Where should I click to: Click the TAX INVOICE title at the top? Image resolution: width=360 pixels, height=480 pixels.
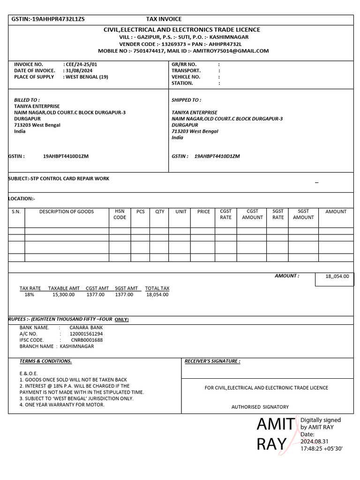click(x=164, y=19)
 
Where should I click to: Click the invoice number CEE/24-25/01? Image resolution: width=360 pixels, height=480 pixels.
click(x=82, y=64)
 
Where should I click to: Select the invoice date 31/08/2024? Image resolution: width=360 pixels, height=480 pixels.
click(x=80, y=71)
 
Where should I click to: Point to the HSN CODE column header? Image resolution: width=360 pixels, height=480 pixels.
click(x=120, y=215)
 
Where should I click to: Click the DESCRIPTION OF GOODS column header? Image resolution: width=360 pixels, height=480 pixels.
click(x=67, y=212)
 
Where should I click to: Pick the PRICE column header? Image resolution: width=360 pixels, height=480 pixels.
click(x=203, y=212)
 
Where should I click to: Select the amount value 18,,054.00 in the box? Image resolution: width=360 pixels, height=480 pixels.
click(x=337, y=277)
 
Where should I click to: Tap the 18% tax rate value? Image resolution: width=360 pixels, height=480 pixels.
click(x=30, y=295)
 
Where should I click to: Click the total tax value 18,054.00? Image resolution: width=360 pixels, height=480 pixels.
click(x=157, y=295)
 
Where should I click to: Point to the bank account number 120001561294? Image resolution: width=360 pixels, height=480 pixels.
click(x=86, y=334)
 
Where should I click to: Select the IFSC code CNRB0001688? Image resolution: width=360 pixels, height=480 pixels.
click(x=87, y=340)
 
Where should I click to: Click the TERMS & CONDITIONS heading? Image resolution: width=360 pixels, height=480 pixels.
click(x=45, y=361)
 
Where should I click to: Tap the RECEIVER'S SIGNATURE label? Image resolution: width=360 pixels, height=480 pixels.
click(x=212, y=361)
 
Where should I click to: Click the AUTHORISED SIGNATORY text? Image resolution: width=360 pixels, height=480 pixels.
click(x=260, y=407)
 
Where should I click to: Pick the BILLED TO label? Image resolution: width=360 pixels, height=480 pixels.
click(x=27, y=100)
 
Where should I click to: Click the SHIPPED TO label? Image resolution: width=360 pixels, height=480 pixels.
click(x=186, y=100)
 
